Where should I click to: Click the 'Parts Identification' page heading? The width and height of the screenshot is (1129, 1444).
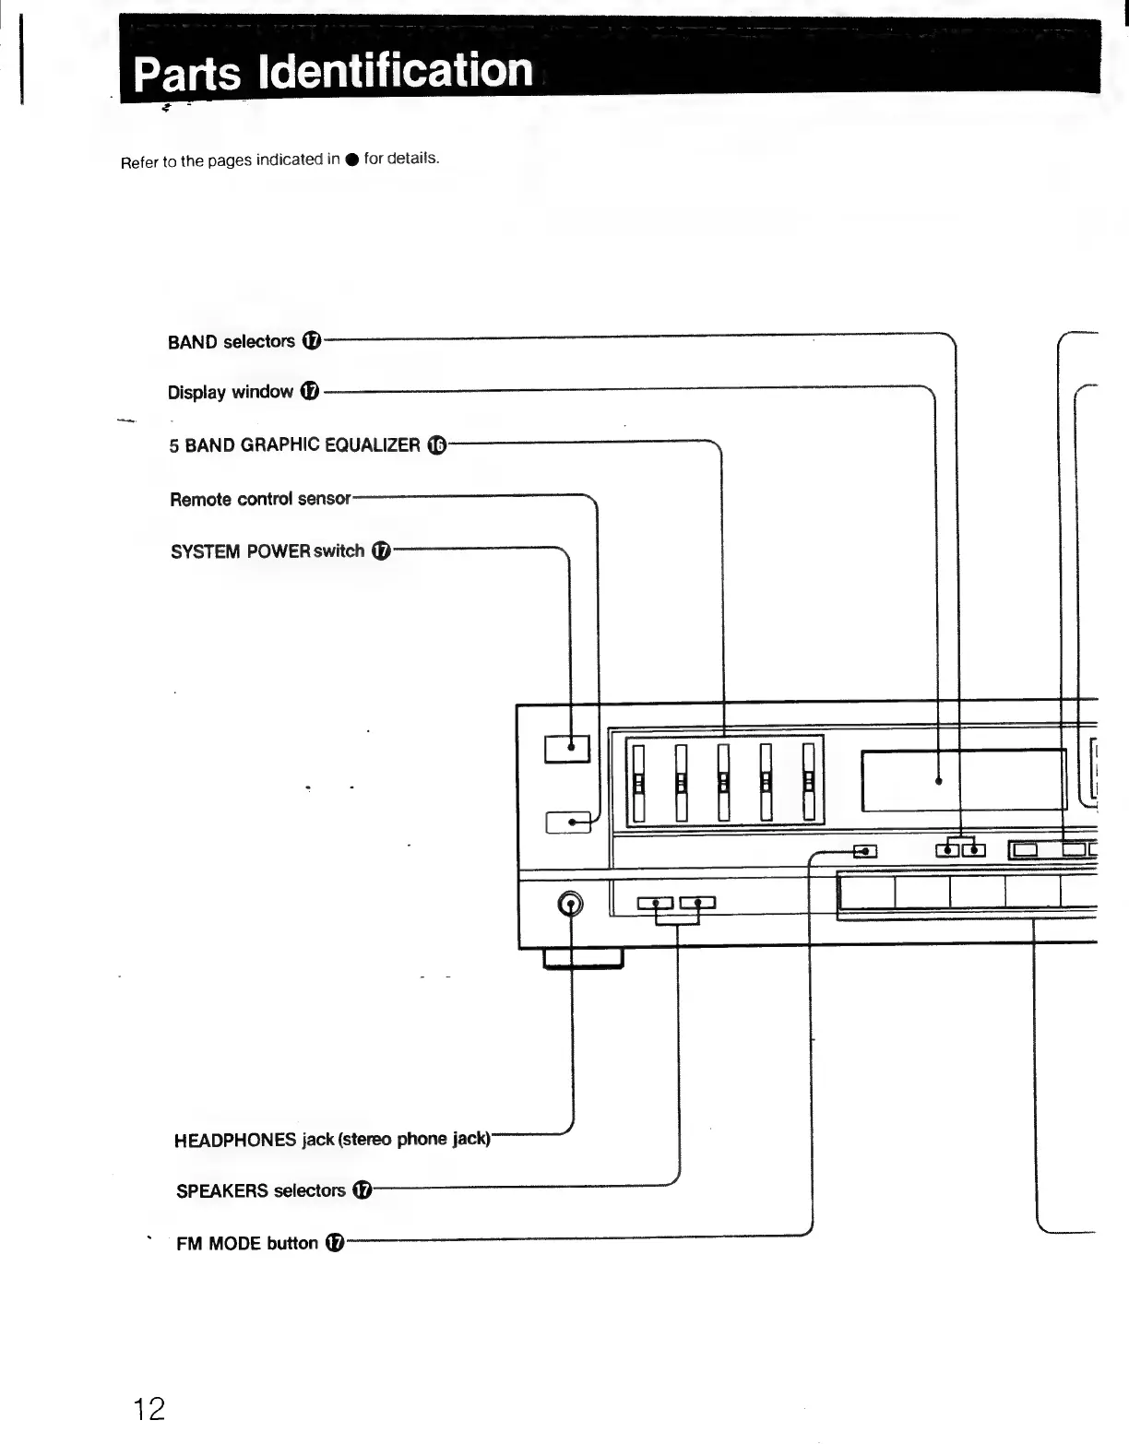tap(333, 72)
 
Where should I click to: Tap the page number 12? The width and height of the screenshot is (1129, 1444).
tap(149, 1409)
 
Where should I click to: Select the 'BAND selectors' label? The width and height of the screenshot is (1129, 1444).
tap(232, 342)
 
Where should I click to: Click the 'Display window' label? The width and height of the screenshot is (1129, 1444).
tap(231, 393)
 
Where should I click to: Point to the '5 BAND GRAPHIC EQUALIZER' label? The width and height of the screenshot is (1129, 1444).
tap(294, 445)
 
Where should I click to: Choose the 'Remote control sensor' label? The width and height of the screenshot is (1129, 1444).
tap(260, 499)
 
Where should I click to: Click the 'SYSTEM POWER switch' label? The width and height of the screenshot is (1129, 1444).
tap(267, 551)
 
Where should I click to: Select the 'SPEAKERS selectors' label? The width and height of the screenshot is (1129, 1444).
tap(261, 1191)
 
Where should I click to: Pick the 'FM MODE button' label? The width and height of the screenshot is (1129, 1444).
tap(247, 1244)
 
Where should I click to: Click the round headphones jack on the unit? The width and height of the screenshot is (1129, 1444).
tap(572, 905)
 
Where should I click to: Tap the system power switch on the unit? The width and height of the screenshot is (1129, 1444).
tap(566, 748)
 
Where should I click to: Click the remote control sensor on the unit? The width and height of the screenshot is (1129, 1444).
tap(568, 822)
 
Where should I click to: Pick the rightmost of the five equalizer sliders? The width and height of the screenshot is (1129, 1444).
tap(809, 782)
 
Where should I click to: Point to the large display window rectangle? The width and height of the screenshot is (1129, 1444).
tap(964, 780)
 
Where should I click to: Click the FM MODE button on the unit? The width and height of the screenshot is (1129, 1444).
tap(865, 850)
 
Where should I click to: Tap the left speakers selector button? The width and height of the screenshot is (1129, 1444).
tap(655, 903)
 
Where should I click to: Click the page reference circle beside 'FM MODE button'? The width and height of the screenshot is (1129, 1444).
tap(335, 1244)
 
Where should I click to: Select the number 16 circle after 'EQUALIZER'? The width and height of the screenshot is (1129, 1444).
tap(438, 446)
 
